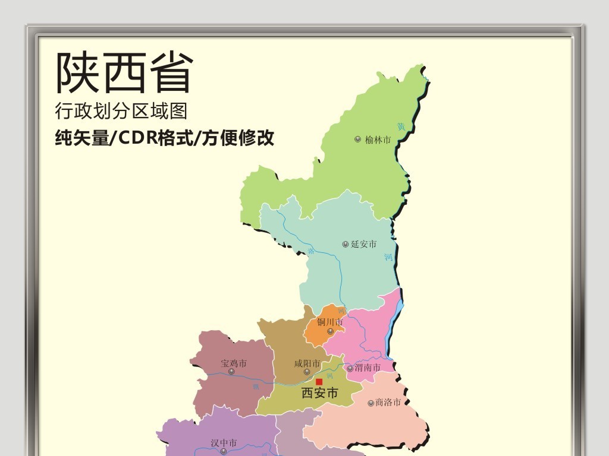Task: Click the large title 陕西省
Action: (x=125, y=73)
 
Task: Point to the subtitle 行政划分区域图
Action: (x=121, y=111)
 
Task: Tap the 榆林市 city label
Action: (x=378, y=140)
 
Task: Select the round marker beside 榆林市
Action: (x=357, y=140)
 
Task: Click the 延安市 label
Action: (x=364, y=244)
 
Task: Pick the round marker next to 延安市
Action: (x=346, y=244)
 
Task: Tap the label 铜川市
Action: (x=330, y=322)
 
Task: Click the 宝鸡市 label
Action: (x=234, y=363)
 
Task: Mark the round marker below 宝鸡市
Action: (x=231, y=372)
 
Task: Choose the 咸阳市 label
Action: (x=307, y=363)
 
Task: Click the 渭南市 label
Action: (x=368, y=368)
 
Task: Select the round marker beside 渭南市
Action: (x=350, y=368)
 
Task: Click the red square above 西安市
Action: (x=319, y=382)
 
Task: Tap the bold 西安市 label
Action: (x=320, y=393)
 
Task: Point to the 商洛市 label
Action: (x=388, y=403)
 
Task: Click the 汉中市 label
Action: (x=224, y=443)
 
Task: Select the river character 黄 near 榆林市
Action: (x=401, y=126)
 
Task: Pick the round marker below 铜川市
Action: (x=331, y=331)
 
